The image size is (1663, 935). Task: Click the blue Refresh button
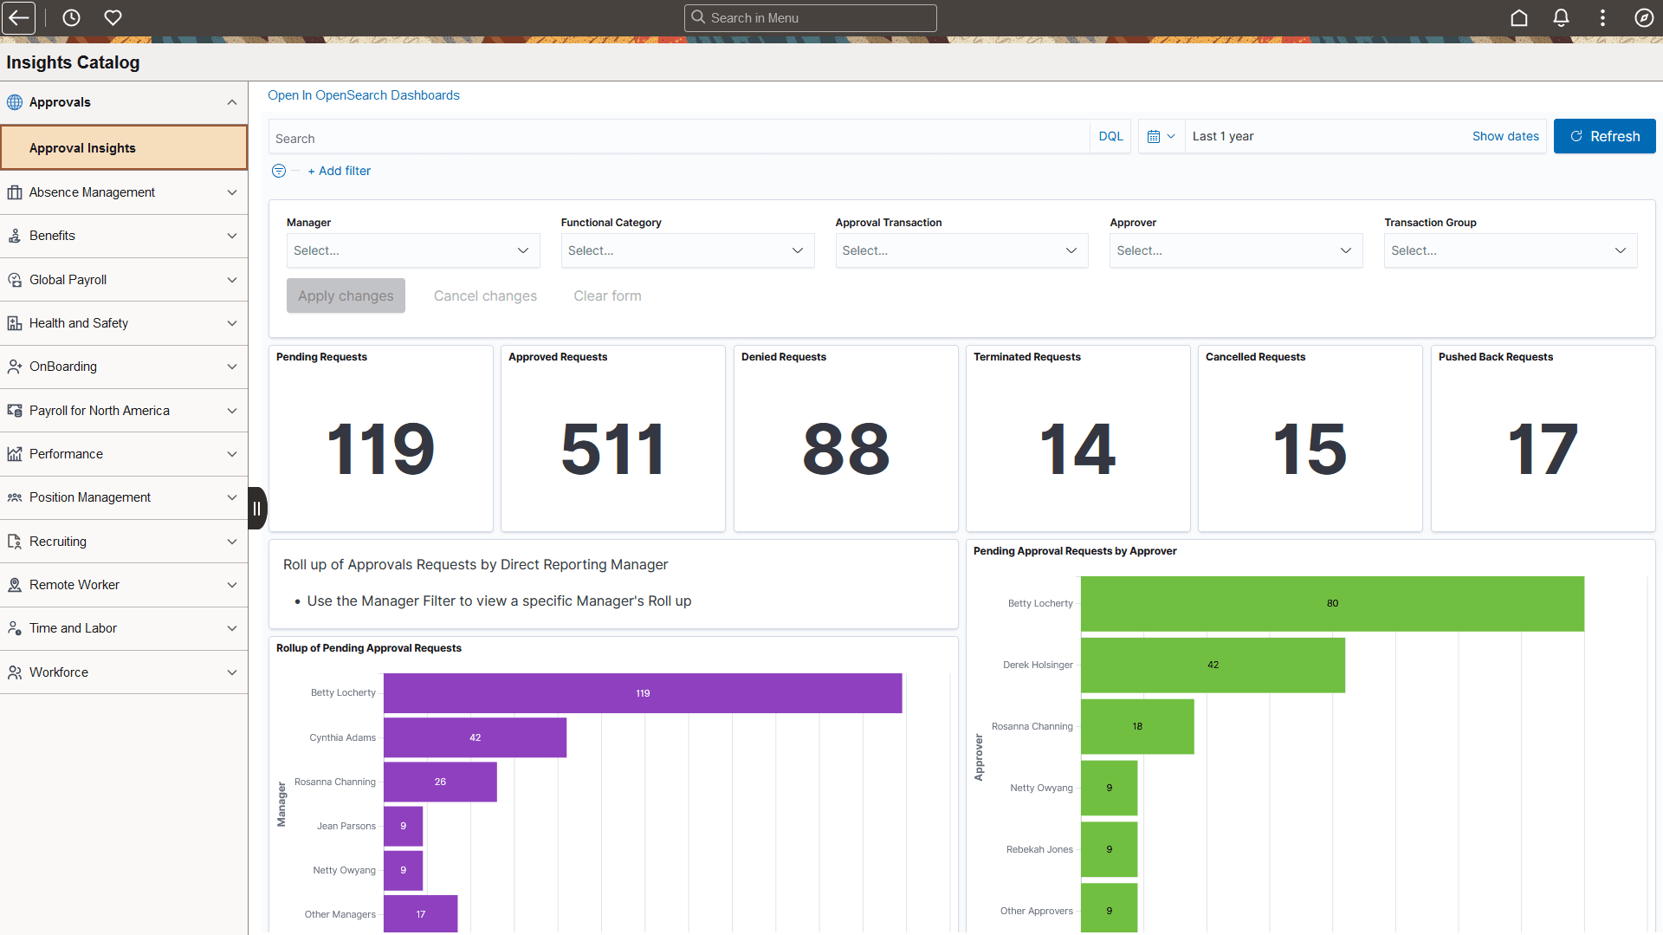pos(1604,136)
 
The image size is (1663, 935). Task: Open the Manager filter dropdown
pos(412,250)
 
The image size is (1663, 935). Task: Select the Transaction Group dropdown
pos(1510,250)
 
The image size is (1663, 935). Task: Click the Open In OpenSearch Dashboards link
pos(363,95)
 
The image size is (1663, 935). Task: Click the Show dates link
pos(1505,136)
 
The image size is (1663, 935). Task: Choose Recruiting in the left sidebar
pos(58,542)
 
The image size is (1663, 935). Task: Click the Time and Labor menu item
pos(73,628)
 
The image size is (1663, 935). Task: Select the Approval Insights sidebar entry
pos(82,148)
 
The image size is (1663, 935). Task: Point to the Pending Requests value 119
pos(380,449)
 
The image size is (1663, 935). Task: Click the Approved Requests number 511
pos(612,449)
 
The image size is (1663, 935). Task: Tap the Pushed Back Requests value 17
pos(1542,449)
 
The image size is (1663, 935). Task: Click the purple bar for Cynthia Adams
pos(475,737)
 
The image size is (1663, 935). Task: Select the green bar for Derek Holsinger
pos(1213,665)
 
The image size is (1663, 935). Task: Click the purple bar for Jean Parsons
pos(403,826)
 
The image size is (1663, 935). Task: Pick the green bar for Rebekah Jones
pos(1109,849)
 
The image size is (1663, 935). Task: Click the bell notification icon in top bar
pos(1561,17)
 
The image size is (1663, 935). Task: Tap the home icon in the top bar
pos(1519,17)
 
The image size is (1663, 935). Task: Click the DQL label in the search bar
pos(1110,136)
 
